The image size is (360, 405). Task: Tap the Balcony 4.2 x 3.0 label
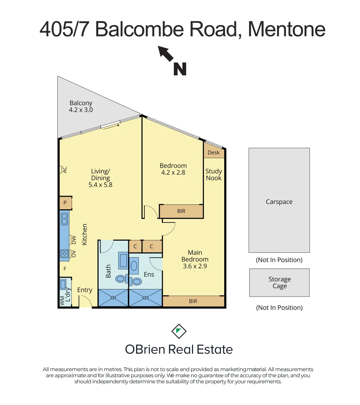click(x=81, y=106)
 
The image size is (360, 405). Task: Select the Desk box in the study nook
click(x=214, y=153)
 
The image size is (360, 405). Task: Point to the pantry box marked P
click(x=65, y=203)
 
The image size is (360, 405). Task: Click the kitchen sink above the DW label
click(x=64, y=218)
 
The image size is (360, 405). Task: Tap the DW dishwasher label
click(x=73, y=240)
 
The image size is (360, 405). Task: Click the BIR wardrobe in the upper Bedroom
click(x=181, y=211)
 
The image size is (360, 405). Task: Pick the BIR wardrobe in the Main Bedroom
click(x=193, y=301)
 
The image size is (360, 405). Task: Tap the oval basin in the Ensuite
click(x=134, y=266)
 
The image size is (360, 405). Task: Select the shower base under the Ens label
click(x=145, y=298)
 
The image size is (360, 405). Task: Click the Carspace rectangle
click(x=279, y=200)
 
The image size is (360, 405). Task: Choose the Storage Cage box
click(x=279, y=283)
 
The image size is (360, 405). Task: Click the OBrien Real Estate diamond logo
click(x=179, y=331)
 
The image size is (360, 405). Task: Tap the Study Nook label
click(x=214, y=174)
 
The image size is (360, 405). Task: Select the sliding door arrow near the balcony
click(x=111, y=126)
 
